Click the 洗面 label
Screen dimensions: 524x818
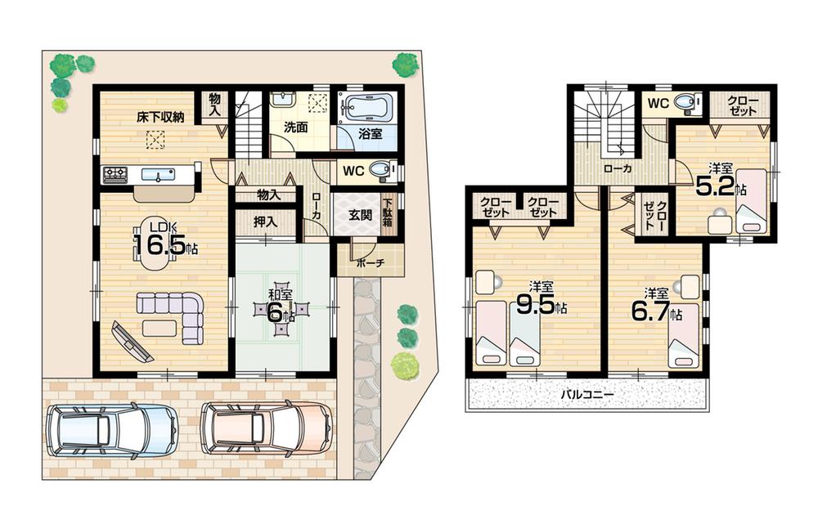pos(295,128)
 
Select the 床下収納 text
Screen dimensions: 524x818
pos(160,117)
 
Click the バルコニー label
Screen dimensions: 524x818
pos(587,394)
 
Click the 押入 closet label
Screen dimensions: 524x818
pos(264,222)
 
